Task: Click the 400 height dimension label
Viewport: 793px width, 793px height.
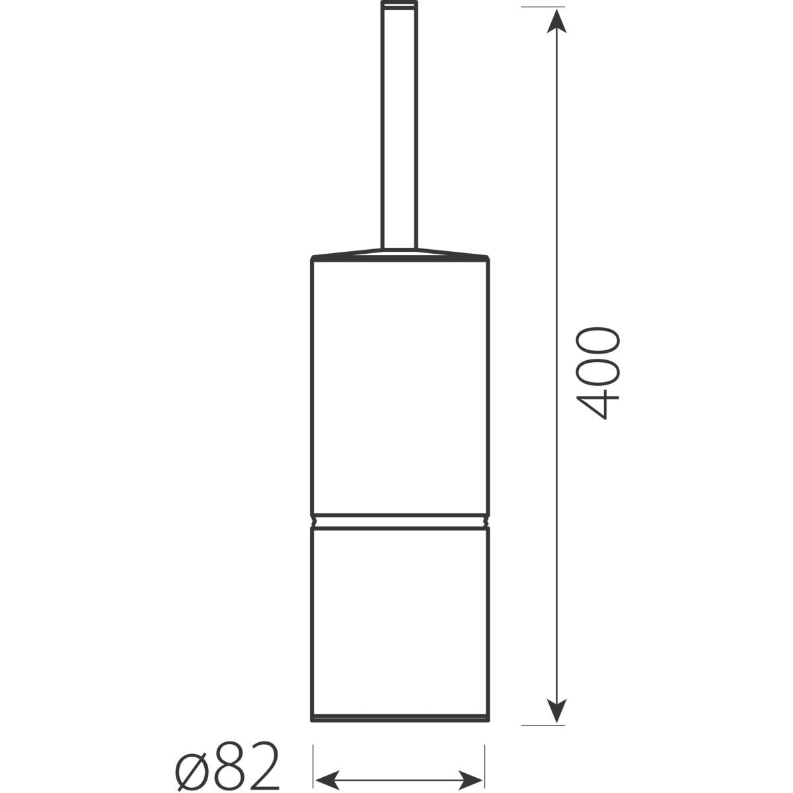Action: click(x=598, y=373)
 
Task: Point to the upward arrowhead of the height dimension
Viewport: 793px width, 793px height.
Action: click(x=556, y=21)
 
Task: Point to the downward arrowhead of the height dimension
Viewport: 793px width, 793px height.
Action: click(x=556, y=710)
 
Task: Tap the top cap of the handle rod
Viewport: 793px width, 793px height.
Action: click(x=399, y=4)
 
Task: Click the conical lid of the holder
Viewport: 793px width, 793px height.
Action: click(x=400, y=254)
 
